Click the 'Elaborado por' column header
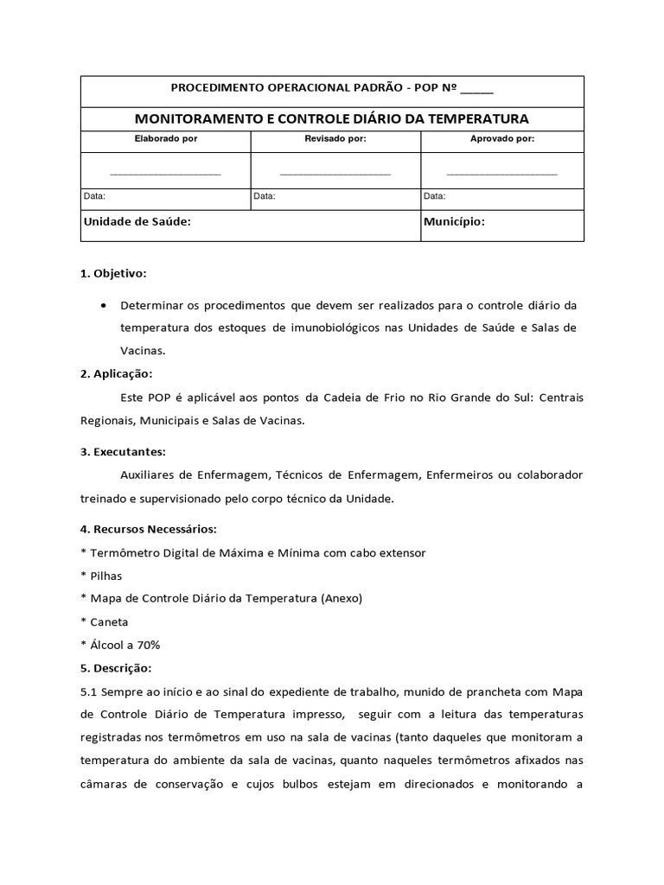click(x=166, y=138)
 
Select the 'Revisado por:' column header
click(x=335, y=138)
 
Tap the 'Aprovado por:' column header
click(x=502, y=138)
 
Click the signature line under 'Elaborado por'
click(x=166, y=175)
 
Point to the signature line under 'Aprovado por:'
click(x=502, y=175)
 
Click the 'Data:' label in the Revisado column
click(x=265, y=196)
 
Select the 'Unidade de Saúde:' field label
click(x=137, y=222)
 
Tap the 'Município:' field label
click(x=454, y=222)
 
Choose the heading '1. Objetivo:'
click(x=113, y=273)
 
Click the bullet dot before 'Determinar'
click(x=105, y=306)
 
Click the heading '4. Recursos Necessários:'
click(x=148, y=528)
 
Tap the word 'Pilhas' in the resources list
click(x=105, y=575)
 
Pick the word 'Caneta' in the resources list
click(x=108, y=621)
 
